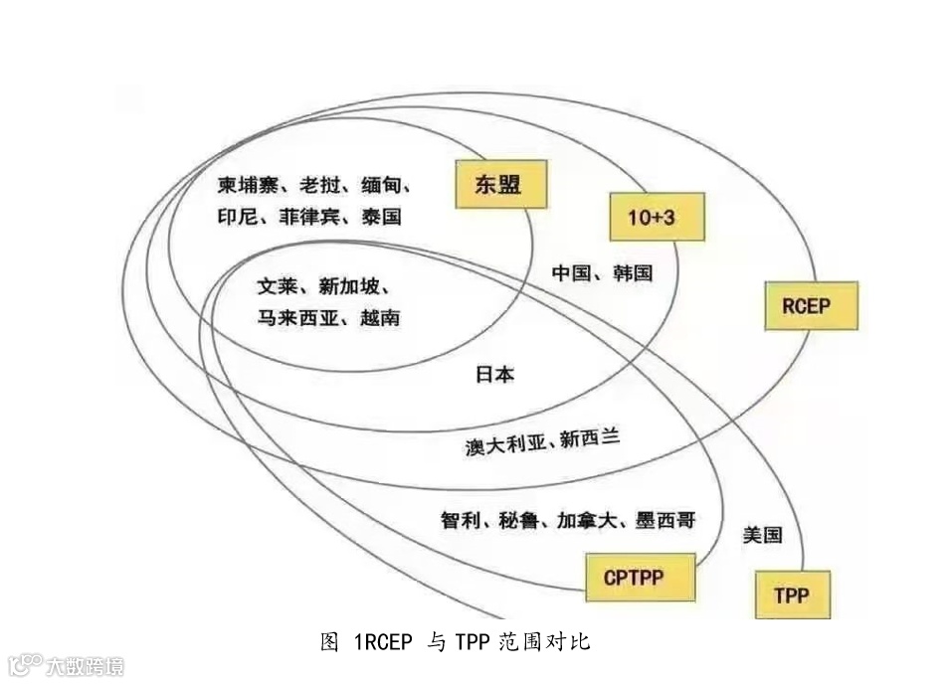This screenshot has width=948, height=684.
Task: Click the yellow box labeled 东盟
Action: click(x=500, y=184)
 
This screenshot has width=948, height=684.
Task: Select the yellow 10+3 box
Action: click(x=657, y=216)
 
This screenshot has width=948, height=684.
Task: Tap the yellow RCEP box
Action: click(x=810, y=305)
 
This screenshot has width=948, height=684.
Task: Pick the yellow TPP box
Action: click(x=792, y=596)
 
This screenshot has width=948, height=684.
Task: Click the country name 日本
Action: click(x=494, y=375)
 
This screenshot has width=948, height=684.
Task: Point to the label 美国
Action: click(x=762, y=535)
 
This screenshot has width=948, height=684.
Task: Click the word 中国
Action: click(x=572, y=272)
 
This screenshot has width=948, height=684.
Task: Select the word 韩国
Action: click(x=633, y=272)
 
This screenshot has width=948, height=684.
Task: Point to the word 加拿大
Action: click(x=586, y=520)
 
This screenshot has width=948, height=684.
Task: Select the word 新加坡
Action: click(x=348, y=286)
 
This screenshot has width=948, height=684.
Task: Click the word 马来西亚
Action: click(x=290, y=318)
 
